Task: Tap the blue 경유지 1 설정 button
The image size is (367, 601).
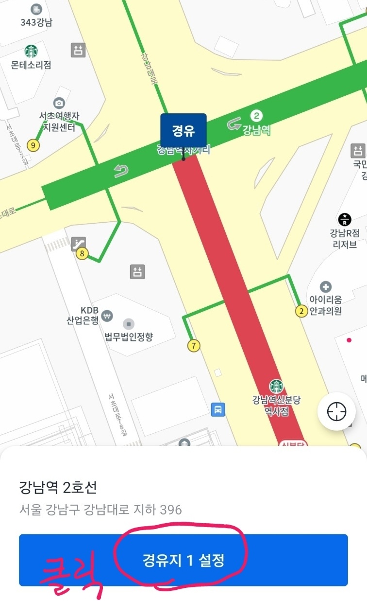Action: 183,560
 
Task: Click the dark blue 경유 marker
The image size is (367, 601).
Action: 183,130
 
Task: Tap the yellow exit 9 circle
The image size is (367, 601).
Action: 33,145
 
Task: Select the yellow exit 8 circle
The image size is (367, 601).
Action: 82,253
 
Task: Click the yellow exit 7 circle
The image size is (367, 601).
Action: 194,346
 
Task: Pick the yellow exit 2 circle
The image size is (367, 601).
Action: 302,311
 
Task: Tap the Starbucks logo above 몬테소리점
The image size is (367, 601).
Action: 32,51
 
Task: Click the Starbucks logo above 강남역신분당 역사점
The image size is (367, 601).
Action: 277,387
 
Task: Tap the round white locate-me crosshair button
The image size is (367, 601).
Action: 336,412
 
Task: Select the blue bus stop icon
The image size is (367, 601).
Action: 218,410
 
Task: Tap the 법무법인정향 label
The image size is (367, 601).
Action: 129,336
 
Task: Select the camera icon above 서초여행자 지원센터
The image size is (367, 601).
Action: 59,103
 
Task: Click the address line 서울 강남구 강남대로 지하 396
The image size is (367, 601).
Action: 100,510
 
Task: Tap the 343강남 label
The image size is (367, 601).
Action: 36,22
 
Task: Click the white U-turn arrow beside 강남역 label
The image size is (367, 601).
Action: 234,125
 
